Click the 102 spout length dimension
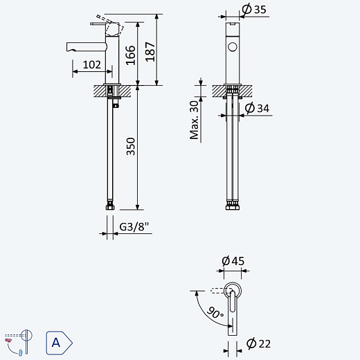(x=92, y=64)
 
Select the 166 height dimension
(x=131, y=55)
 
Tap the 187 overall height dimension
(x=150, y=52)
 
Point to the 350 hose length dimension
(x=131, y=146)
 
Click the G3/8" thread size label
(x=134, y=226)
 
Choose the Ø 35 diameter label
(x=254, y=10)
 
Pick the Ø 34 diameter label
(x=257, y=108)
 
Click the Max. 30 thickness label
(x=195, y=120)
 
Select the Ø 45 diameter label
(x=233, y=261)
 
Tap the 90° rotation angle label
(x=215, y=312)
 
